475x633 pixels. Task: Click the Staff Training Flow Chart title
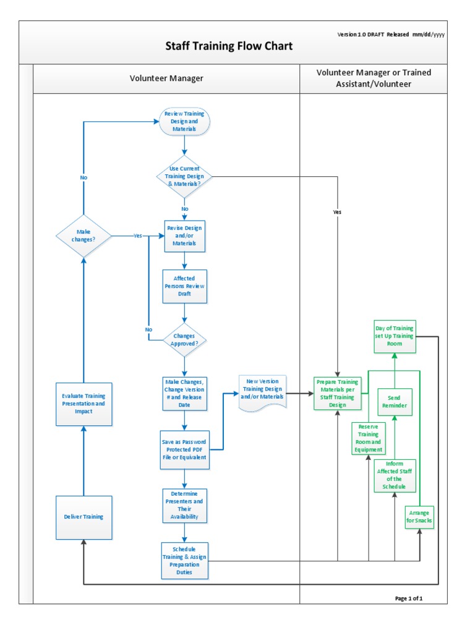(228, 46)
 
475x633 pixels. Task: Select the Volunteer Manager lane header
(166, 79)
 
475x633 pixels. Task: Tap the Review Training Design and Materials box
(184, 122)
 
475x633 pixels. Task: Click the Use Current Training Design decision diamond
(184, 176)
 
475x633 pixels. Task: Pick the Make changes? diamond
(83, 236)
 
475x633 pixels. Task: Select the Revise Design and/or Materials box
(184, 236)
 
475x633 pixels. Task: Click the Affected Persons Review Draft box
(184, 286)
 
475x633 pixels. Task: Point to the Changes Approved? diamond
(184, 339)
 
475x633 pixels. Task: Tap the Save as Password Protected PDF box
(184, 451)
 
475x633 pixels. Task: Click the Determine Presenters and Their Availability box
(184, 505)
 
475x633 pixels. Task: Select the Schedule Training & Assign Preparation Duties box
(184, 560)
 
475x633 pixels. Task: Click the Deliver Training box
(83, 517)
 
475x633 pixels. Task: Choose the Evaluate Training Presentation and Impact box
(83, 404)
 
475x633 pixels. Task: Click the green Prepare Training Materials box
(337, 393)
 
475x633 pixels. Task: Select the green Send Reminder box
(395, 402)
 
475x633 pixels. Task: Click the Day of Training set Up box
(395, 336)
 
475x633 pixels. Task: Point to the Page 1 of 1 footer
(409, 598)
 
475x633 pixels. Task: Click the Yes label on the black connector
(337, 212)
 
